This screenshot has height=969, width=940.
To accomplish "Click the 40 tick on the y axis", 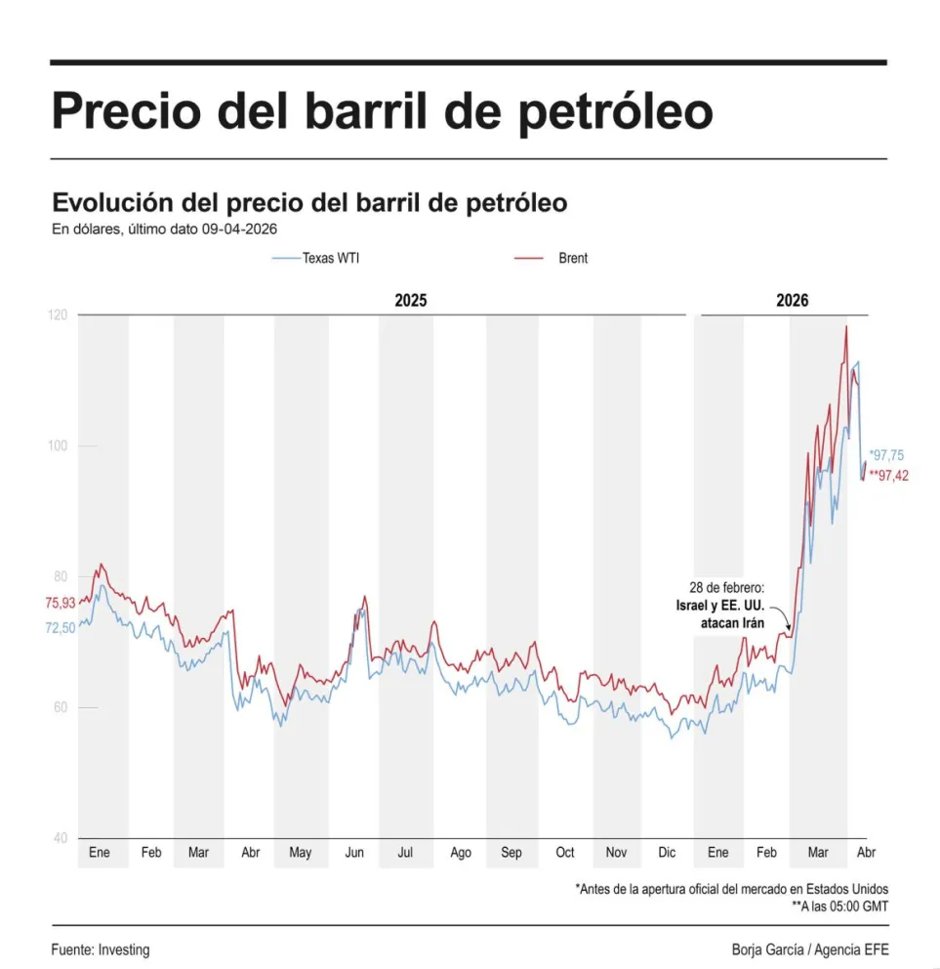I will click(60, 838).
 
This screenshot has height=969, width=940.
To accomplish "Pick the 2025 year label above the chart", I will click(410, 300).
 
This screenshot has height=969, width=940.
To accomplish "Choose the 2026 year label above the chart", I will click(792, 300).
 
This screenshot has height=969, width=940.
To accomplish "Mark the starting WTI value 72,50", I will click(60, 628).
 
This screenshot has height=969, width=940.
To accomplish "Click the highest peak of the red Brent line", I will click(845, 327).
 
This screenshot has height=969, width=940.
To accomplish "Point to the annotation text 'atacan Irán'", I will click(732, 622).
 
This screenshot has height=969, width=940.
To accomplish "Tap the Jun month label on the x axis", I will click(354, 853).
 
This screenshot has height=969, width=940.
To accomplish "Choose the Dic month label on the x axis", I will click(667, 853).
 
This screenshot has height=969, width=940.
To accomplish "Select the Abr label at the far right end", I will click(866, 853).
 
